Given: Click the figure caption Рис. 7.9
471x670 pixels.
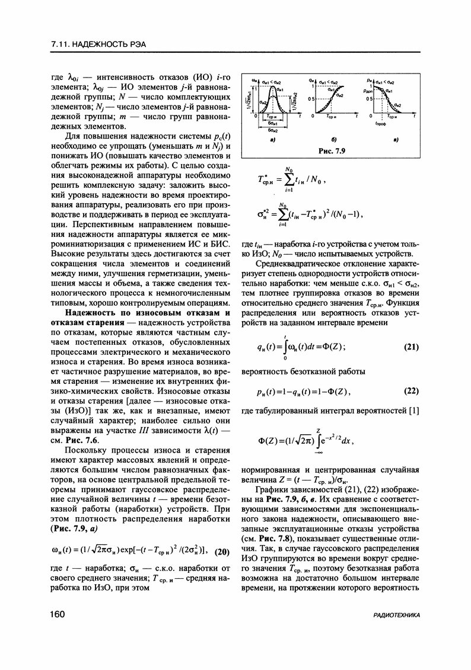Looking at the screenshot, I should pos(332,150).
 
